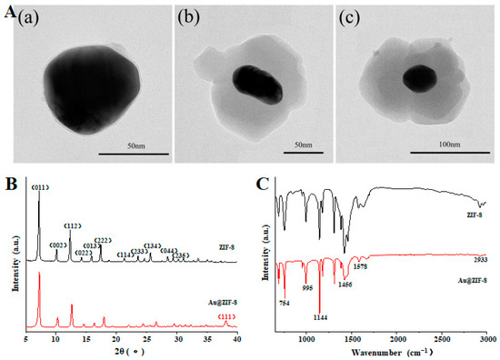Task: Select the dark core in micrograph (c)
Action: [418, 80]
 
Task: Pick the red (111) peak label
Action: [225, 318]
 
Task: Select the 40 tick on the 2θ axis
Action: [236, 338]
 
